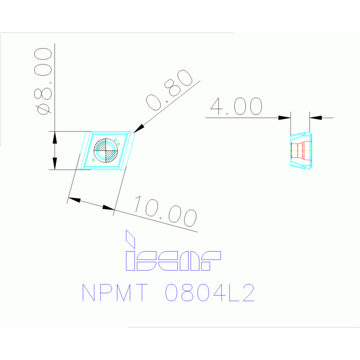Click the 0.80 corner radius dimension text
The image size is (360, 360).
(169, 90)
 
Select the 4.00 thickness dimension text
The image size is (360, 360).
(236, 106)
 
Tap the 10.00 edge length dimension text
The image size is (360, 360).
(166, 211)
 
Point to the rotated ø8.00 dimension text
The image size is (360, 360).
(43, 81)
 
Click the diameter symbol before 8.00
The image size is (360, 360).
(43, 109)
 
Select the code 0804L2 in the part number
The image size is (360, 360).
(210, 292)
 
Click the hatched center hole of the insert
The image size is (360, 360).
(106, 151)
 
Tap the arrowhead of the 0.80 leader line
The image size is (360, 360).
(139, 128)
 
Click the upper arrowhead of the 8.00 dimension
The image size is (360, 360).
(54, 138)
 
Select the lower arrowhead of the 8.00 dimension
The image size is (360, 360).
(54, 164)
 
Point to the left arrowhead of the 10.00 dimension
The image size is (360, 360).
(74, 200)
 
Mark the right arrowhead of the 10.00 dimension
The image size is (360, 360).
(108, 208)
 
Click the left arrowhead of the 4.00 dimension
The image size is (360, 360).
(284, 118)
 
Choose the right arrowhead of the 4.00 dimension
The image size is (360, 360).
(316, 118)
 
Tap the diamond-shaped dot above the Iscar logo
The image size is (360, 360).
(130, 239)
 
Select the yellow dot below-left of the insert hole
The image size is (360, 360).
(93, 160)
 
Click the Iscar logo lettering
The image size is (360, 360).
(173, 261)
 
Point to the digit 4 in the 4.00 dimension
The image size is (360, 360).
(216, 106)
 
